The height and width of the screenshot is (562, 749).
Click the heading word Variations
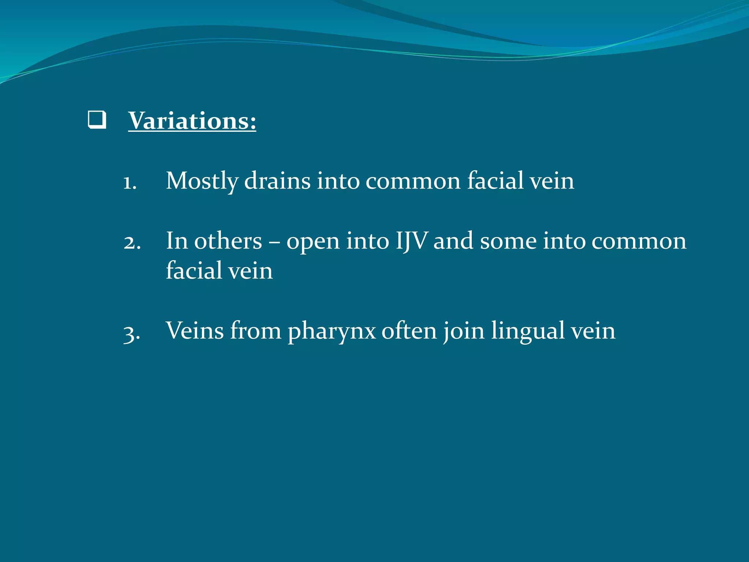point(192,120)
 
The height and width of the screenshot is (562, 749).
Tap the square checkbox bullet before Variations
point(97,120)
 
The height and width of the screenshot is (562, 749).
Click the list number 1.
point(129,182)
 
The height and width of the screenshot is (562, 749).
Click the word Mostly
point(202,181)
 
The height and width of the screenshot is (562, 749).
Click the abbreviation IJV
point(411,241)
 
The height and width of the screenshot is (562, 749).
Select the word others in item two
point(228,241)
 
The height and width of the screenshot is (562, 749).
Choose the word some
point(508,241)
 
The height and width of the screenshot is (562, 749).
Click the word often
point(409,330)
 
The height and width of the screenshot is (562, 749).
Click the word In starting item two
point(177,241)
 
